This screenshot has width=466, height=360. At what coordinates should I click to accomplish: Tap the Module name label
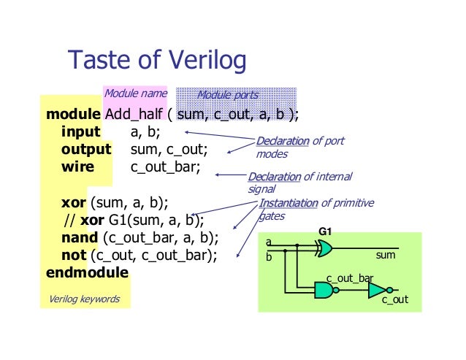tap(135, 94)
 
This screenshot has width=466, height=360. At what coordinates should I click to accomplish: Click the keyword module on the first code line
tap(73, 115)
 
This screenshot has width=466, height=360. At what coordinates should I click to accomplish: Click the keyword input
tap(81, 132)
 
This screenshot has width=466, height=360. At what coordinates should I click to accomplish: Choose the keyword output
tap(86, 150)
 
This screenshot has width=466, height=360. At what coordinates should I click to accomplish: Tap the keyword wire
tap(77, 167)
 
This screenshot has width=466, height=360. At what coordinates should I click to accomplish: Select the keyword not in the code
tap(73, 255)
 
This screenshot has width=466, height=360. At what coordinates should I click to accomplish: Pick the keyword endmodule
tap(87, 272)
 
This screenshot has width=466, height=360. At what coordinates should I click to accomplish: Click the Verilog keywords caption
tap(84, 299)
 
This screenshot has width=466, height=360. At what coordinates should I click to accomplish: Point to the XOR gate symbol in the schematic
tap(324, 249)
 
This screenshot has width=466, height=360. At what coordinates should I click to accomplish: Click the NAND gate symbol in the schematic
tap(324, 291)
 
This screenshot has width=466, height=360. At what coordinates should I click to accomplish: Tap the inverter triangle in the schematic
tap(377, 291)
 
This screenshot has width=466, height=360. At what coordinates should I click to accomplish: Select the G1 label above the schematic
tap(325, 232)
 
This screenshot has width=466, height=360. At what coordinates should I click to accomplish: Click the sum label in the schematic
tap(385, 256)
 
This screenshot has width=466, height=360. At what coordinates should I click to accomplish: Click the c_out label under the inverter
tap(395, 300)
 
